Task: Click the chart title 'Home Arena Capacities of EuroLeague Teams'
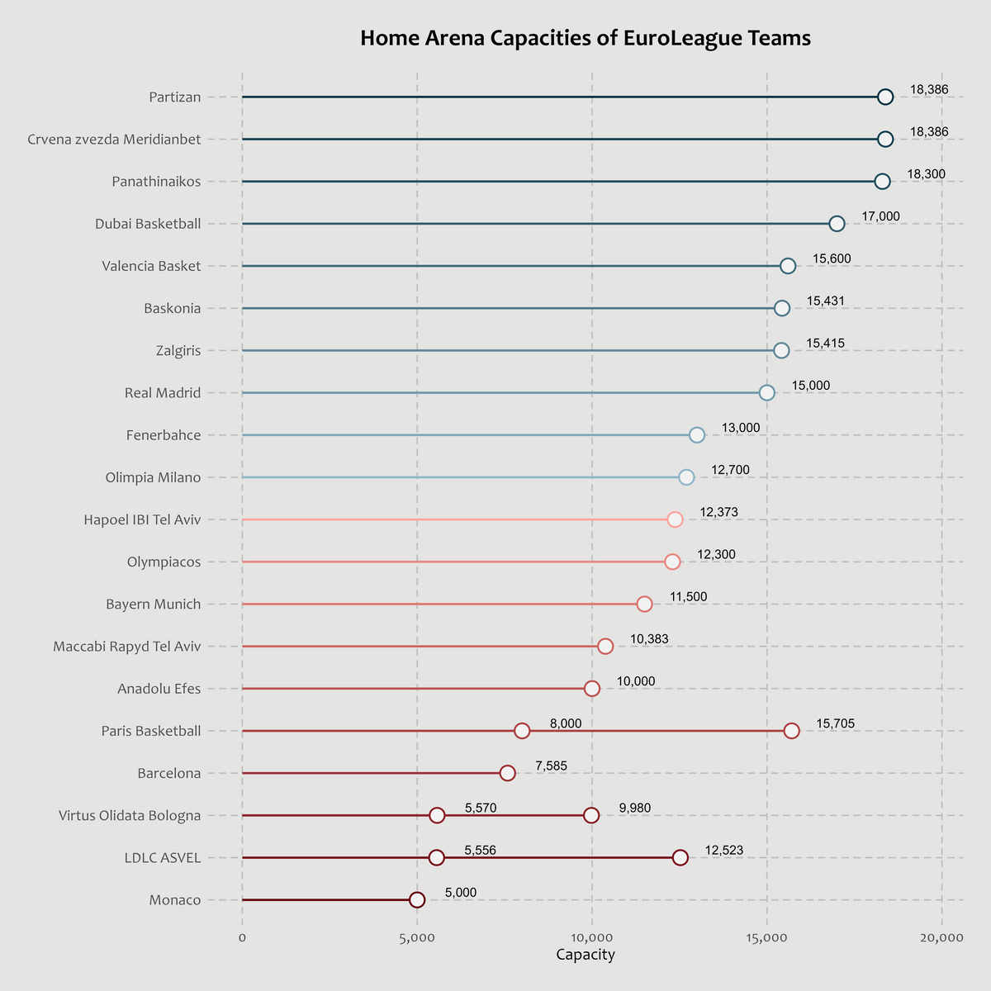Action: pos(586,39)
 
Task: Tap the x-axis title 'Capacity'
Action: pos(586,955)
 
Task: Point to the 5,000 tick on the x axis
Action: pos(417,937)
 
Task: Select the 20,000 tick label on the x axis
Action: pos(941,937)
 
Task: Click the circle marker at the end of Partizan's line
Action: pos(885,97)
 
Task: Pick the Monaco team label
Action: pos(175,900)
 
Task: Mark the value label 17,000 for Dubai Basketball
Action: pos(881,216)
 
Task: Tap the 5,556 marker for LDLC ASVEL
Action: pos(437,858)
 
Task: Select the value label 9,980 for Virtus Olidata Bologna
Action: pos(635,808)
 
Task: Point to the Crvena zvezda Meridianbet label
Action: pos(114,140)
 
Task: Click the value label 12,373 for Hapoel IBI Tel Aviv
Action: pos(718,512)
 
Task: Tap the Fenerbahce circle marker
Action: pos(697,435)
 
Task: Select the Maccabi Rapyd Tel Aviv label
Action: pos(127,647)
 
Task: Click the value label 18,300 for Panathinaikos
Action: pos(926,174)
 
